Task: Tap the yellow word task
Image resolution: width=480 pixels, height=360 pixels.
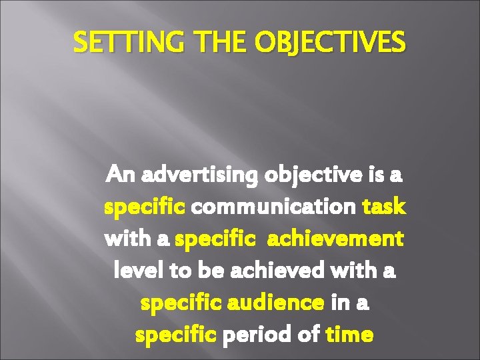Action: [384, 207]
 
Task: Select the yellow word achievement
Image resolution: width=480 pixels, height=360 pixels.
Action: [335, 239]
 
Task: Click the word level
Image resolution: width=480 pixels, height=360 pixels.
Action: [135, 271]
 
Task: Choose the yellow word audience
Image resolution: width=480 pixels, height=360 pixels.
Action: [276, 303]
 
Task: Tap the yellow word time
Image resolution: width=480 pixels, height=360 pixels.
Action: [350, 334]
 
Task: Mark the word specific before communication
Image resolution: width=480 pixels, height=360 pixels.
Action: [145, 207]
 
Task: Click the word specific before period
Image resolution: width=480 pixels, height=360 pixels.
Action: [176, 335]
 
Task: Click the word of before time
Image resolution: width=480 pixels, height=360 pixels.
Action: [309, 334]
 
